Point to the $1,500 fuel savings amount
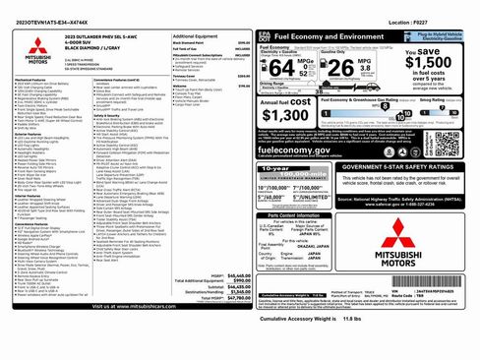coord(432,62)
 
